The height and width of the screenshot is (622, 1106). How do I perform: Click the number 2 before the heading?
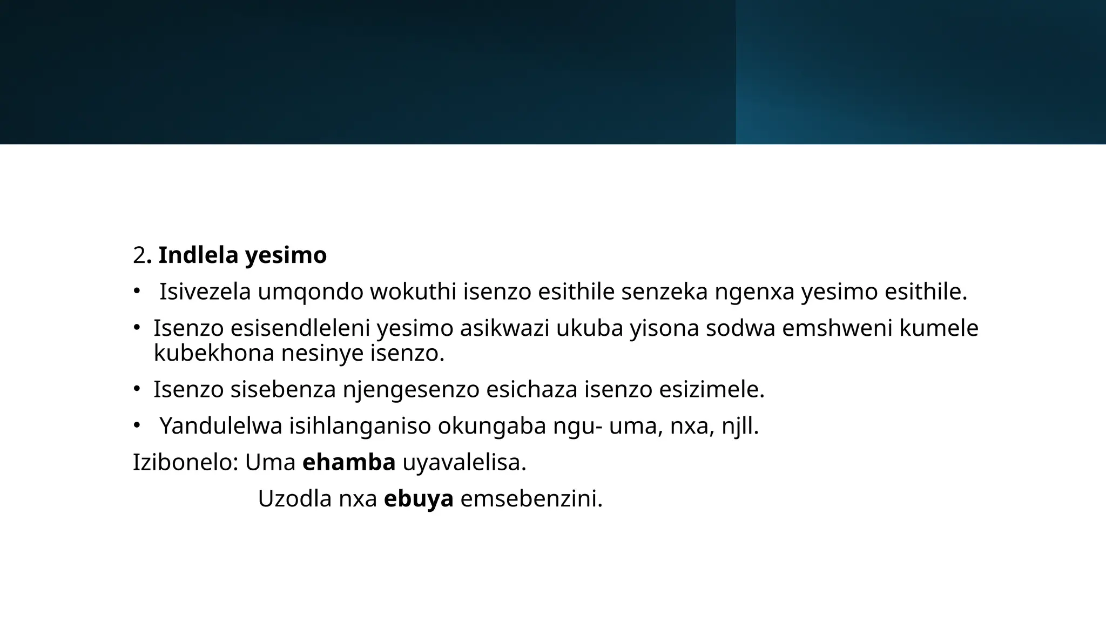click(x=139, y=255)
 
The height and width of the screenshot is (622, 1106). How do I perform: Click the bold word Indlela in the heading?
click(x=198, y=255)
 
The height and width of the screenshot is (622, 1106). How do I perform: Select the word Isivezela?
click(x=205, y=292)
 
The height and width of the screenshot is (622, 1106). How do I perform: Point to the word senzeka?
click(x=664, y=292)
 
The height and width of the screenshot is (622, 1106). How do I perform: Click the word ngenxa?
click(x=754, y=292)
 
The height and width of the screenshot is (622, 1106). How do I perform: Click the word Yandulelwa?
click(x=221, y=426)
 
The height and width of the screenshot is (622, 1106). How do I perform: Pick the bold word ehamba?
click(x=349, y=463)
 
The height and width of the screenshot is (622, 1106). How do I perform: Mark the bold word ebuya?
click(x=419, y=499)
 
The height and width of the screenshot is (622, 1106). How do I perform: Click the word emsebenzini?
click(x=531, y=499)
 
